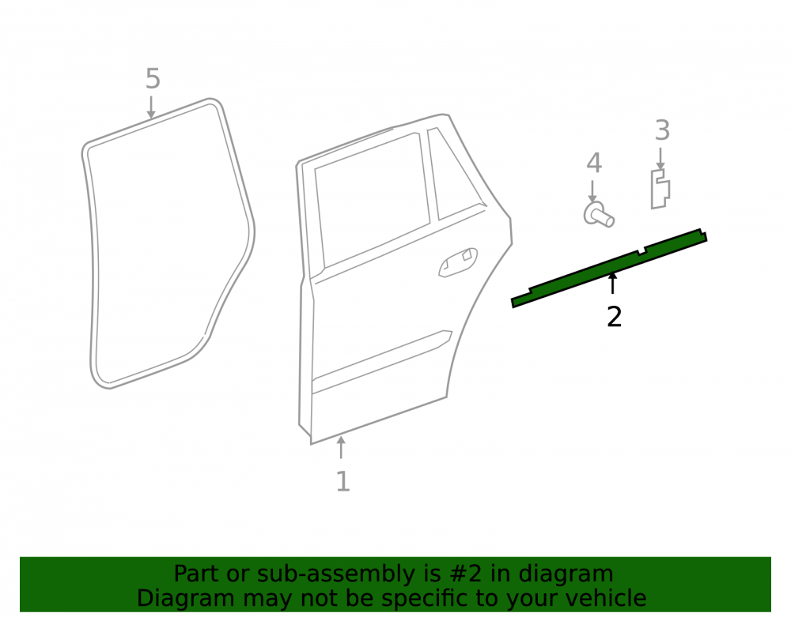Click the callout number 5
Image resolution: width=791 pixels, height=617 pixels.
click(153, 79)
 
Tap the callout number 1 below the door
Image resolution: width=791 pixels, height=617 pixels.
click(343, 481)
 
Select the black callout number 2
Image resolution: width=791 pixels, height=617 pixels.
click(614, 317)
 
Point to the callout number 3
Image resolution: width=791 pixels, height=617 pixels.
click(662, 130)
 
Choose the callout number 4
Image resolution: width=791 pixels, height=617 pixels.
click(594, 164)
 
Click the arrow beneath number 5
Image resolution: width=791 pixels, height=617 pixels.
click(151, 107)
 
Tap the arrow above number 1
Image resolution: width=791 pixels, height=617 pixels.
click(342, 447)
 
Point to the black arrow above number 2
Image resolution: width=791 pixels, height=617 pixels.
click(612, 283)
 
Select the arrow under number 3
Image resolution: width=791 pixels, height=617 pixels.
click(660, 159)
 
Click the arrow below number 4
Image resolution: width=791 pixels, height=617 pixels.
click(592, 191)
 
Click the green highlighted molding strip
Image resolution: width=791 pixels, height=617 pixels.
click(609, 268)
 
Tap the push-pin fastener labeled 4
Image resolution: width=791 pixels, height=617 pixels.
click(599, 215)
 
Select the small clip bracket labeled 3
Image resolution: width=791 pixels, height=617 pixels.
click(660, 189)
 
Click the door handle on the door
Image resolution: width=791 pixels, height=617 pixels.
click(458, 262)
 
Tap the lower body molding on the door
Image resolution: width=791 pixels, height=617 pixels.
click(382, 361)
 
